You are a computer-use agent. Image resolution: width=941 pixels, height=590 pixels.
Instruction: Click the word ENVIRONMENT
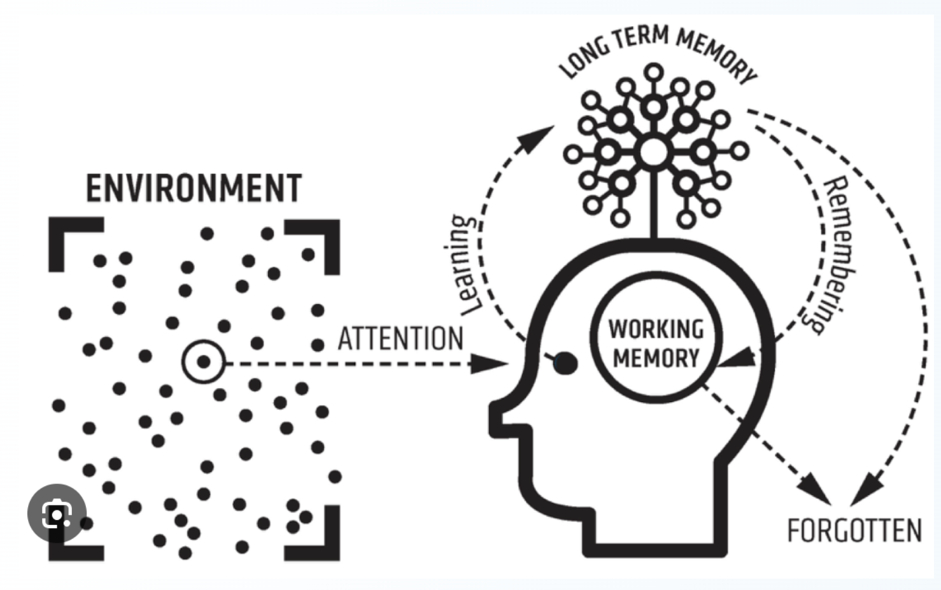coord(194,189)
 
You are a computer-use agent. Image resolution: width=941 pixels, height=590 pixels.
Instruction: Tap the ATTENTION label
coord(400,339)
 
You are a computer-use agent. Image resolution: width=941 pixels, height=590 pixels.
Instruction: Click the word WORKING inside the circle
coord(656,329)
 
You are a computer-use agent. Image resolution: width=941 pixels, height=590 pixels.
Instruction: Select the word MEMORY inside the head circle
coord(656,358)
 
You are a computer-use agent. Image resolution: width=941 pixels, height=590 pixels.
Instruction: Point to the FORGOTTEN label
coord(854,531)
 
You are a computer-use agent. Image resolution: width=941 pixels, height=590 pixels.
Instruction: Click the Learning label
coord(466,265)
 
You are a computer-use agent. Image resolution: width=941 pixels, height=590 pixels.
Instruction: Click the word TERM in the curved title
coord(641,38)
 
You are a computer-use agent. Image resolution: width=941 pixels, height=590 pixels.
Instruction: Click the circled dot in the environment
coord(203,362)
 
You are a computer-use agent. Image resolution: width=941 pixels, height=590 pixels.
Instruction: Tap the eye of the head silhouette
coord(565,363)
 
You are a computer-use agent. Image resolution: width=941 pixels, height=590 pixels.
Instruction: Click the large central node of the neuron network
coord(653,152)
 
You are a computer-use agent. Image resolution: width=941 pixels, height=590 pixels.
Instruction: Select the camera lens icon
coord(57,514)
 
